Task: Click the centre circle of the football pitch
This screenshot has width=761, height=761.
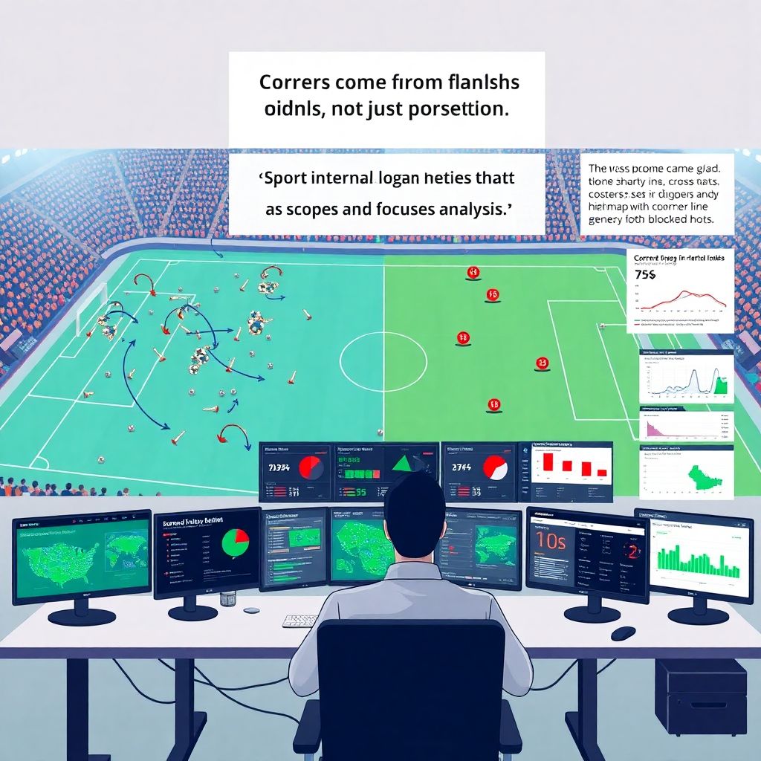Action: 383,362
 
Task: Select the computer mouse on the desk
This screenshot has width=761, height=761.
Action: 623,633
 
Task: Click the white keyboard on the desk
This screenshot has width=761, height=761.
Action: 300,621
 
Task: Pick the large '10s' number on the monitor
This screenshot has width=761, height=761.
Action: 551,541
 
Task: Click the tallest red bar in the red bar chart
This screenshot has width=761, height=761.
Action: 549,462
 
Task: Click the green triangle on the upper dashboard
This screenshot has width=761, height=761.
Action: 403,463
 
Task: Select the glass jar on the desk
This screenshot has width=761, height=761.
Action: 227,598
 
